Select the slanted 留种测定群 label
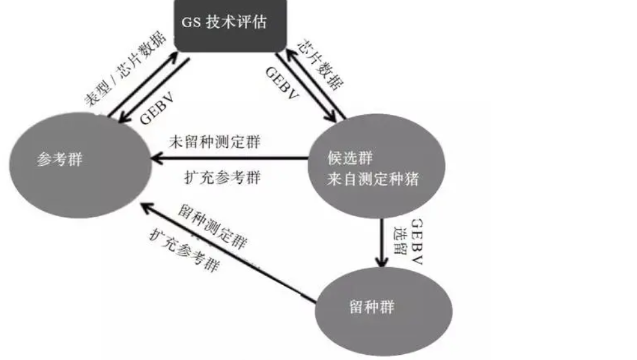click(210, 227)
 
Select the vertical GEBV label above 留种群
click(416, 241)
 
